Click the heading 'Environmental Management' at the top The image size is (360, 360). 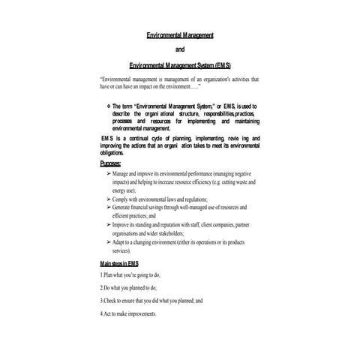point(180,35)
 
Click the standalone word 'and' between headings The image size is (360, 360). point(179,50)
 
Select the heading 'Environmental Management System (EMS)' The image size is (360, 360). point(180,65)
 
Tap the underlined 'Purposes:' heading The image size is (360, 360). point(112,163)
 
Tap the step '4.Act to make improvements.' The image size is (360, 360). point(128,313)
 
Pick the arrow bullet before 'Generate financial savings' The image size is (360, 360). point(108,207)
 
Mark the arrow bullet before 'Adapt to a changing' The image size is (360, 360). point(108,242)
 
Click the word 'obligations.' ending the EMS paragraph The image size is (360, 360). point(114,152)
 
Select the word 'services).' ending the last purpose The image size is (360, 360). point(125,251)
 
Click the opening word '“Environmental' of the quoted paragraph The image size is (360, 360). point(121,78)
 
